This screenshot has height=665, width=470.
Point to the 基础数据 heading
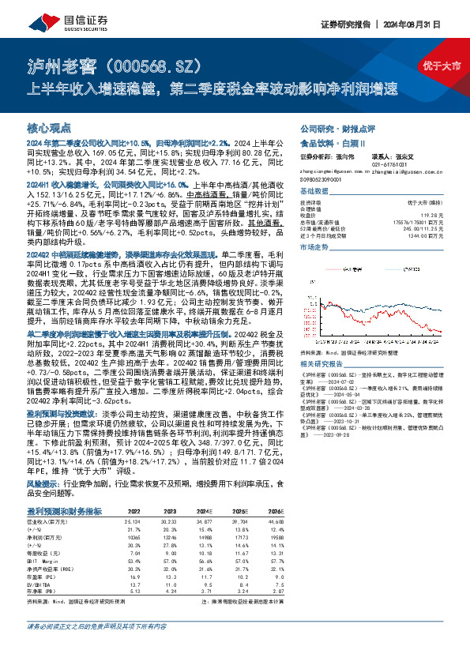click(x=314, y=192)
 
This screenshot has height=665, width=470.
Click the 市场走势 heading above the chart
click(x=314, y=246)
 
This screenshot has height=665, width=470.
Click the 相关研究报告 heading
click(x=321, y=363)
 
